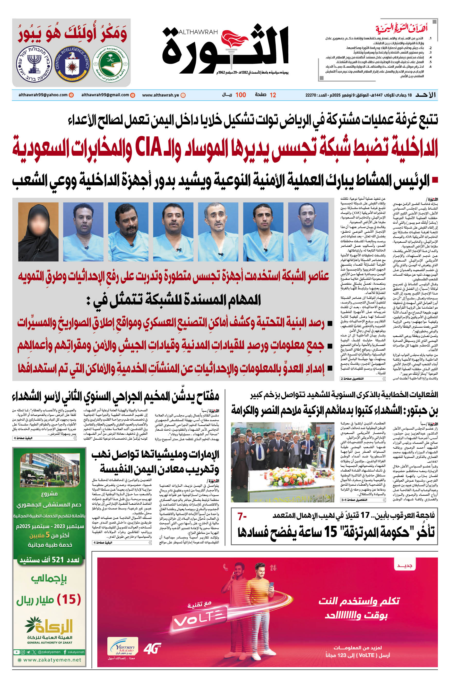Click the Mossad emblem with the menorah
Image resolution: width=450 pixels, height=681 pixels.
(34, 65)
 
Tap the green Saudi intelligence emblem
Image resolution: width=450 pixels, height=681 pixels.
(110, 64)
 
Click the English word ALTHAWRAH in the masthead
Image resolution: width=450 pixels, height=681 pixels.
(198, 32)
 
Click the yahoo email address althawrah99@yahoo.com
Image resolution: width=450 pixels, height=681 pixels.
(43, 95)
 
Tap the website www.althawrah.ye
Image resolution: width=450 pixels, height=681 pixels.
(160, 95)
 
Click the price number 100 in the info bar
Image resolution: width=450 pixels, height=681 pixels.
(240, 95)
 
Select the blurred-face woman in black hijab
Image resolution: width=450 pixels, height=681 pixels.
(38, 232)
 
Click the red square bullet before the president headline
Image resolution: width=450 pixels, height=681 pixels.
(435, 180)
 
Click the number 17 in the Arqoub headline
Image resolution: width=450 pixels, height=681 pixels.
(365, 515)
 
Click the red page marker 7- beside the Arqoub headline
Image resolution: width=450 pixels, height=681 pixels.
(242, 517)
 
